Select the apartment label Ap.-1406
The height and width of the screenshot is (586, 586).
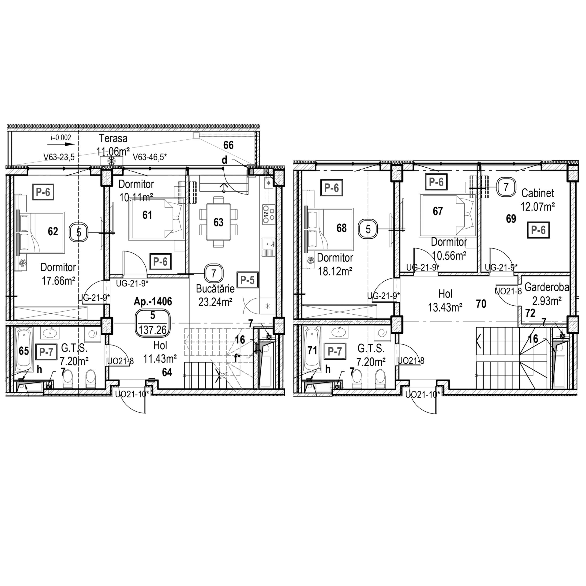point(153,301)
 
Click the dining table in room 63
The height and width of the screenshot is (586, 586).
point(218,222)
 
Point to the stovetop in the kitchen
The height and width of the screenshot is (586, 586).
point(269,214)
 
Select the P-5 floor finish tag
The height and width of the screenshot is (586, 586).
point(247,280)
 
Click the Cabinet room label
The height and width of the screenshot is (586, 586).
point(537,193)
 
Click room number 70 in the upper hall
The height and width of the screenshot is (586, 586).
point(481,304)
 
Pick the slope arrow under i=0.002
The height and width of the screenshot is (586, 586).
point(65,145)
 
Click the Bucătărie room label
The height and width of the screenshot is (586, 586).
point(215,289)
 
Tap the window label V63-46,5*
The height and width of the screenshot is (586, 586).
point(150,157)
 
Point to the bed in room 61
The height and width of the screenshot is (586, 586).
point(156,220)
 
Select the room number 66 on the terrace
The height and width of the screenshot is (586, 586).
point(228,145)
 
